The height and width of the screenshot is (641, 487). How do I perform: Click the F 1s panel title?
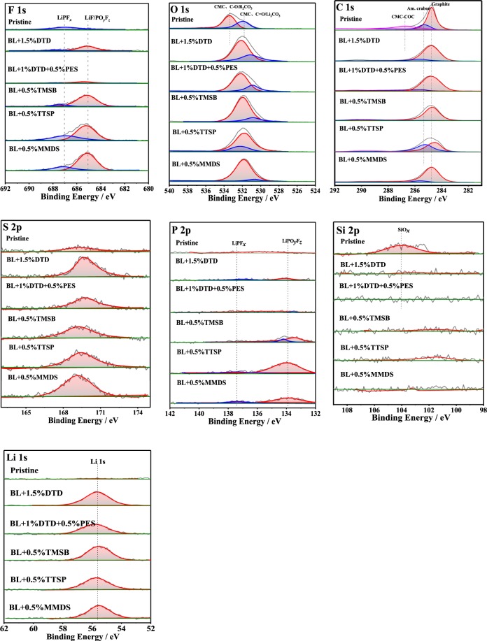coord(17,10)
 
